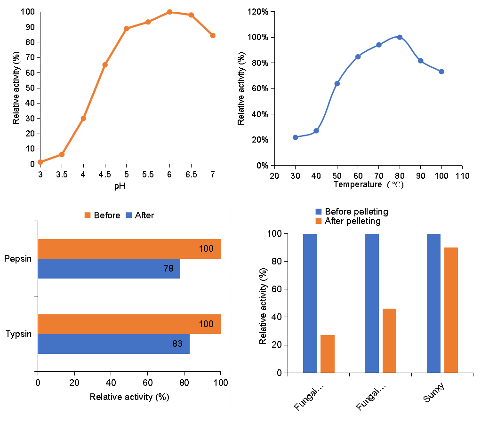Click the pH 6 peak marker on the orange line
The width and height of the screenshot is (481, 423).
click(169, 12)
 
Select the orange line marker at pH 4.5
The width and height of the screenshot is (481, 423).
click(105, 64)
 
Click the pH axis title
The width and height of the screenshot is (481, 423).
click(120, 186)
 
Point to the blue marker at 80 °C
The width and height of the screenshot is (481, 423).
click(400, 37)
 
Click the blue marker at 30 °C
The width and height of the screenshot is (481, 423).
click(295, 137)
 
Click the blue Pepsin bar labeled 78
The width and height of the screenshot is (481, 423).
click(109, 269)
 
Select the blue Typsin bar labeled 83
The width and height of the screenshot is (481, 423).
click(113, 344)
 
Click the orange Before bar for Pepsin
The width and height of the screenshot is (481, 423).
click(129, 249)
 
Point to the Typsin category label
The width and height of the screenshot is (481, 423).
click(18, 334)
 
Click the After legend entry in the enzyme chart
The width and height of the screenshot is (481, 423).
click(140, 215)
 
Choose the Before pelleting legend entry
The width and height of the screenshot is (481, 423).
click(352, 212)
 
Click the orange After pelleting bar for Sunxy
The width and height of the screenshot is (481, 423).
click(451, 310)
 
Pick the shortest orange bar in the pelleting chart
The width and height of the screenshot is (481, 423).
click(328, 353)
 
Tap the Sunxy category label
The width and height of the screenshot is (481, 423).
click(433, 393)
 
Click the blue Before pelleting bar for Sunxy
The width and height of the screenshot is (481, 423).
click(433, 303)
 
